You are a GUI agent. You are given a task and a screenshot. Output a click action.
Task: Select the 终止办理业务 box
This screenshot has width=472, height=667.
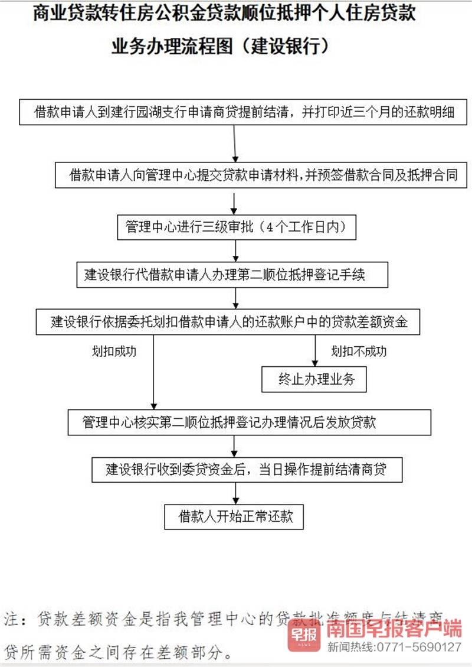point(314,379)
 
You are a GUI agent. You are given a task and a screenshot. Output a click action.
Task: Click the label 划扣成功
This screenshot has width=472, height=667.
point(114,351)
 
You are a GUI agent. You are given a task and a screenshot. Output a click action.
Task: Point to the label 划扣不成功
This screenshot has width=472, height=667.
point(359,351)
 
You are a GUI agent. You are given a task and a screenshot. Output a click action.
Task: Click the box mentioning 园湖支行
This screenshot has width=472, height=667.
point(243,112)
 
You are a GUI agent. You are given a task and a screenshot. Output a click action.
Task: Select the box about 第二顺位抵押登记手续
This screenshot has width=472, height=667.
point(232,275)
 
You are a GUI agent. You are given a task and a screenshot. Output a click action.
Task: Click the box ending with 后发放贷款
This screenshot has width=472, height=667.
point(248,422)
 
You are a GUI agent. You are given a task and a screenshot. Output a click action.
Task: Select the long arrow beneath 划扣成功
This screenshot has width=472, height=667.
point(154,372)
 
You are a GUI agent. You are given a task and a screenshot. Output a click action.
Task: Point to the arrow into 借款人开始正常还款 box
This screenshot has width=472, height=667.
point(235,493)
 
